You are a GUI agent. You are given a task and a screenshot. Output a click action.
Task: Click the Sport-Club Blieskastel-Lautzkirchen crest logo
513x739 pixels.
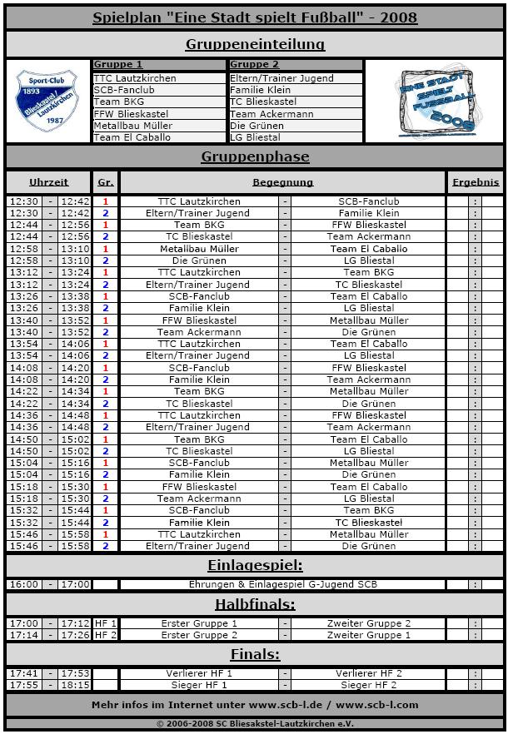pos(47,101)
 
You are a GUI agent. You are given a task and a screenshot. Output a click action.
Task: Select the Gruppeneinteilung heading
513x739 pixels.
pos(255,44)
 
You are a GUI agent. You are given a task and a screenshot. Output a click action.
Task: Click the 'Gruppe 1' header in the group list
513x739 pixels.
pos(118,64)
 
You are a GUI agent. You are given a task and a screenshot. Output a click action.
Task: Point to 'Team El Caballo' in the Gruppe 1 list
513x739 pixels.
pos(132,137)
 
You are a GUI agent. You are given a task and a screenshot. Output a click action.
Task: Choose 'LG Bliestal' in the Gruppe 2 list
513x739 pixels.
pos(255,137)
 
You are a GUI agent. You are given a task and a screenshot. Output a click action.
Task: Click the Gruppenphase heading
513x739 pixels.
pos(255,156)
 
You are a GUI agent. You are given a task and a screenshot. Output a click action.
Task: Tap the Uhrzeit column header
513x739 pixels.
pos(49,182)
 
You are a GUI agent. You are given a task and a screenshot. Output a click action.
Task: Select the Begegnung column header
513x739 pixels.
pos(283,182)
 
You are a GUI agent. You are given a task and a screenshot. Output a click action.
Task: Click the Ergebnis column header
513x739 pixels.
pos(476,182)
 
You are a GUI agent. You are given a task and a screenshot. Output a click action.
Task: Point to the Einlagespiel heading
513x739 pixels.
pos(255,566)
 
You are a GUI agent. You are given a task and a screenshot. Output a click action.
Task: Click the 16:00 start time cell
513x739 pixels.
pos(23,584)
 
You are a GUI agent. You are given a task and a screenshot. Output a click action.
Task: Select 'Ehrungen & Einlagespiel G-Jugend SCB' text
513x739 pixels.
pos(283,584)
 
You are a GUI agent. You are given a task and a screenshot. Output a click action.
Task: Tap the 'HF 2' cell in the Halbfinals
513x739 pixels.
pos(106,635)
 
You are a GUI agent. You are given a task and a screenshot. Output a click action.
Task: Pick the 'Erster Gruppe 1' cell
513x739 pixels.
pos(199,623)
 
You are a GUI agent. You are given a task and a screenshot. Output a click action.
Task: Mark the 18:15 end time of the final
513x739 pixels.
pos(75,685)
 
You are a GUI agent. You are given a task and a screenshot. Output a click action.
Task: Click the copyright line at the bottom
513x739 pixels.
pos(255,723)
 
